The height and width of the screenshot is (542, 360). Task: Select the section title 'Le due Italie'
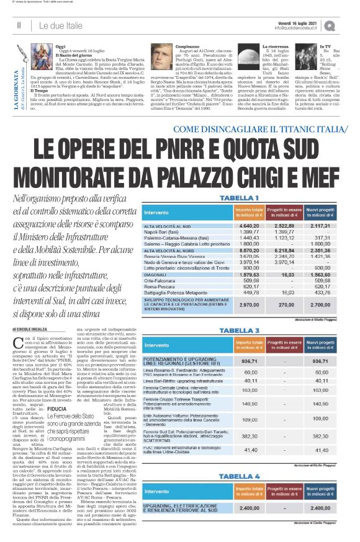[63, 25]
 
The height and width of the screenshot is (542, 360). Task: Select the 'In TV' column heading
[324, 47]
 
